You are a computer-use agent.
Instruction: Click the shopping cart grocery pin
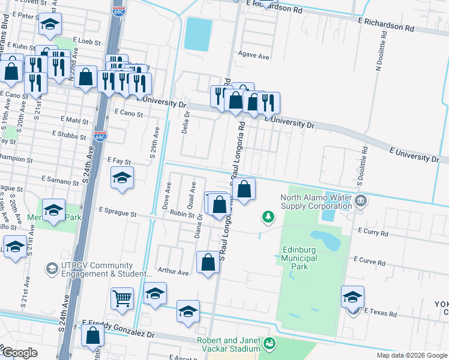click(x=122, y=298)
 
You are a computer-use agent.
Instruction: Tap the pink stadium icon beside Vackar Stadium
click(x=270, y=343)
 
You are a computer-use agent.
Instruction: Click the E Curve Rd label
click(x=369, y=260)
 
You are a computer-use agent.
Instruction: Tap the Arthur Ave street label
click(x=173, y=272)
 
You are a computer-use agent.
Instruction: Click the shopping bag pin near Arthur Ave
click(x=208, y=262)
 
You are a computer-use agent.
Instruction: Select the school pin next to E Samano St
click(x=122, y=178)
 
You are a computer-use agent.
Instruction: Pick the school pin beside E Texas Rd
click(x=352, y=296)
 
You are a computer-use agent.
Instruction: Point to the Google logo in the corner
click(x=20, y=353)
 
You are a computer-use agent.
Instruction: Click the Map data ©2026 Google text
click(x=411, y=355)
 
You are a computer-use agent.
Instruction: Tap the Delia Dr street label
click(x=186, y=123)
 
